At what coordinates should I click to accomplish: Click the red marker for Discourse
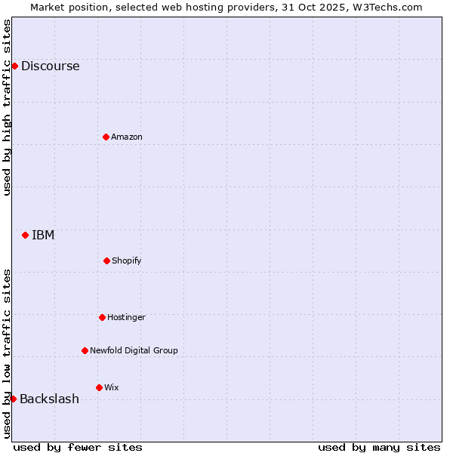pos(14,66)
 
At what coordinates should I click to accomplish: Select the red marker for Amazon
pos(106,137)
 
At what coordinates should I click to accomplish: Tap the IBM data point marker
pos(25,235)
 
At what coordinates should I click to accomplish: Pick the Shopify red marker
pos(106,260)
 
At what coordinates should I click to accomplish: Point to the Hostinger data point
pos(102,317)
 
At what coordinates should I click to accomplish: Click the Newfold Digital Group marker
pos(85,350)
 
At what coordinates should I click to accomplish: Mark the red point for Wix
pos(99,387)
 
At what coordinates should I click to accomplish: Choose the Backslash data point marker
pos(13,399)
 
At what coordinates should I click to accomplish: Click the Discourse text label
pos(50,66)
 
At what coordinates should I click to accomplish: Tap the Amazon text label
pos(127,137)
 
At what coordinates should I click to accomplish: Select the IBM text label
pos(43,235)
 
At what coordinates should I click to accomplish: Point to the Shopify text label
pos(127,260)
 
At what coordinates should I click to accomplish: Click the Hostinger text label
pos(126,317)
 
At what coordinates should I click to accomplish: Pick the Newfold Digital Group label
pos(134,350)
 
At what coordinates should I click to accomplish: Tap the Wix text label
pos(112,387)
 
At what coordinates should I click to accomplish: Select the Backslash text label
pos(49,399)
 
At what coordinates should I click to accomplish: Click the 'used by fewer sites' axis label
pos(78,447)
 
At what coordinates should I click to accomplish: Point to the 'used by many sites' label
pos(379,447)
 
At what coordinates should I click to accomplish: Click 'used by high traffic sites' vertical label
pos(7,107)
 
